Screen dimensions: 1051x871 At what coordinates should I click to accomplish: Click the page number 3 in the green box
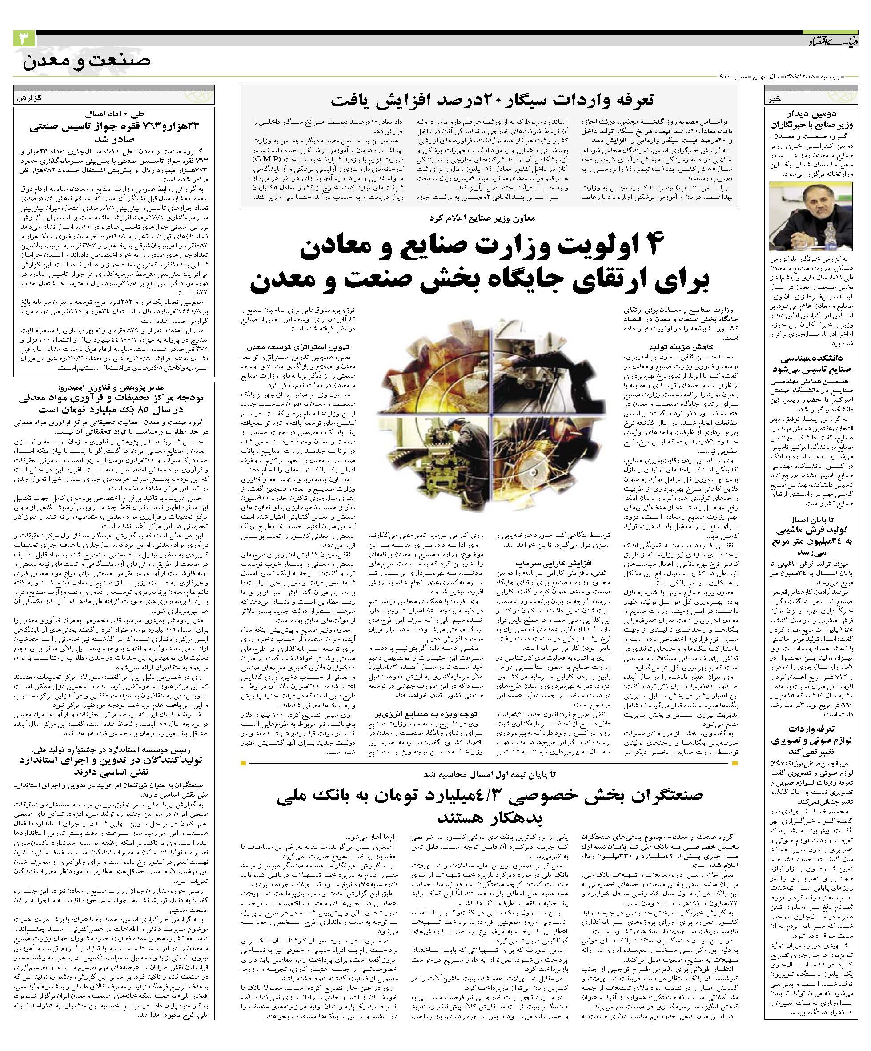pos(24,39)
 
